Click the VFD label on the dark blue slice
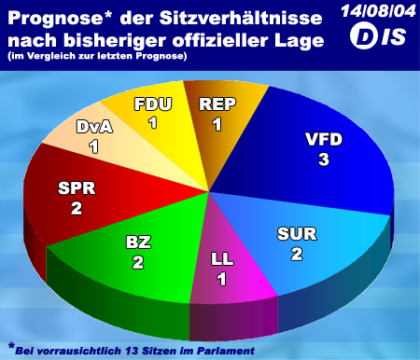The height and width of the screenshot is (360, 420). coord(324,139)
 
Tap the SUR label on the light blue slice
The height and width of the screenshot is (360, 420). coord(297,234)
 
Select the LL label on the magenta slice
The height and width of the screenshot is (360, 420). coord(222,259)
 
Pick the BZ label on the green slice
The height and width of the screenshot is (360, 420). coord(138,242)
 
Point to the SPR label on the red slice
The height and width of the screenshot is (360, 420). coord(77,188)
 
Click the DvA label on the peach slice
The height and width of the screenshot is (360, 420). coord(94,127)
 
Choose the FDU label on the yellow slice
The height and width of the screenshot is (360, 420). coord(153,104)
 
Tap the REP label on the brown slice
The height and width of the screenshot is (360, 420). coord(217,104)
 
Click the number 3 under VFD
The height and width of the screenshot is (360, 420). coord(324,159)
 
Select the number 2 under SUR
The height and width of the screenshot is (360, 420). coord(297,254)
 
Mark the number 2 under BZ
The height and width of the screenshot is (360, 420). coord(138,262)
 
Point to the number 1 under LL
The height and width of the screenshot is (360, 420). coord(221,279)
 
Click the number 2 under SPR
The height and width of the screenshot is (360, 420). coord(77,208)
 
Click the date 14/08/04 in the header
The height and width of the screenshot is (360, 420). coord(378,11)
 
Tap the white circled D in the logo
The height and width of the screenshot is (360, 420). coord(362,36)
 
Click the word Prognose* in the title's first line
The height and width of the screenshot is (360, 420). coord(60,19)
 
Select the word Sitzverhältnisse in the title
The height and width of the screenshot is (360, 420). coord(241,18)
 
